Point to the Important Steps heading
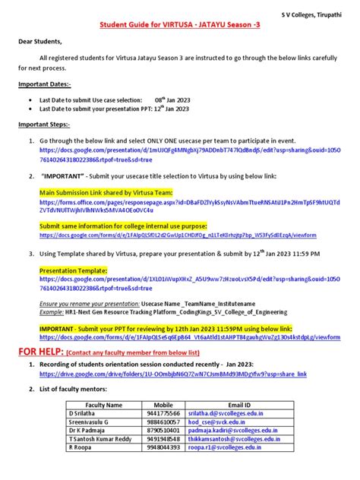[x=44, y=124]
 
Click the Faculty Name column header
[x=104, y=405]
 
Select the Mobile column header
[x=163, y=405]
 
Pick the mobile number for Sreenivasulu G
[x=164, y=422]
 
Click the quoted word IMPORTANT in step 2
[x=62, y=174]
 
